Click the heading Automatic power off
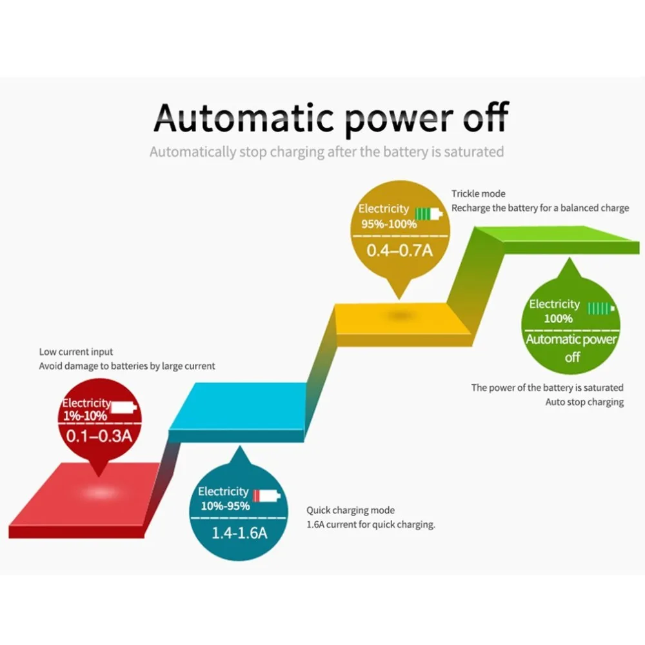coord(331,119)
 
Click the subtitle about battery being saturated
coord(326,152)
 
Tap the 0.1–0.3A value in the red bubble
coord(99,436)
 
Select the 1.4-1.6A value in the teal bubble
coord(239,533)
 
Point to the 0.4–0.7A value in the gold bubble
coord(399,250)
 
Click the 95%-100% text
coord(389,224)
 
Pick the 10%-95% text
coord(225,506)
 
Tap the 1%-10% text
coord(84,416)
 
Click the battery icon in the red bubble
coord(124,407)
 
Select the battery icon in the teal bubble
coord(266,495)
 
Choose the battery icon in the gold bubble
coord(429,214)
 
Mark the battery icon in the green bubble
coord(601,308)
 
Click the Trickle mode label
coord(478,193)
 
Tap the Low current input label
coord(75,352)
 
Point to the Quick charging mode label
coord(350,510)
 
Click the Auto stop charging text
coord(584,402)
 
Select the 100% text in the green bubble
coord(558,319)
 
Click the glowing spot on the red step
coord(100,492)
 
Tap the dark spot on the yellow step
coord(399,316)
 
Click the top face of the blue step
coord(238,406)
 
